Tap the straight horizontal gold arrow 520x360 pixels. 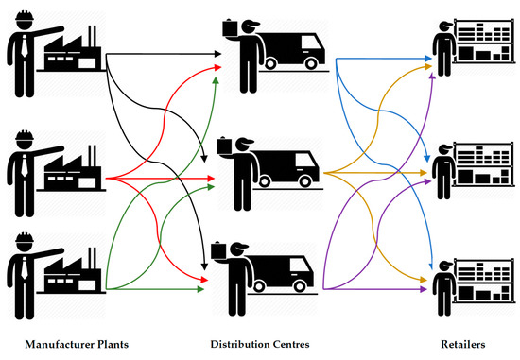pos(378,172)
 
